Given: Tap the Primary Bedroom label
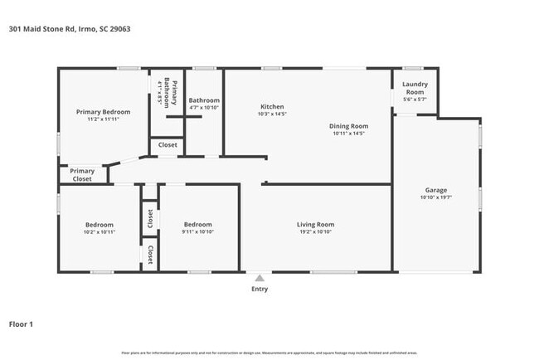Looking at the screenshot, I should pyautogui.click(x=103, y=111).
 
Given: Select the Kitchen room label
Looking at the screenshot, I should pyautogui.click(x=272, y=106).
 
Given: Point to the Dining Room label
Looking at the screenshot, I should pyautogui.click(x=348, y=124).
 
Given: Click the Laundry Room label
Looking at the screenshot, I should pyautogui.click(x=414, y=87).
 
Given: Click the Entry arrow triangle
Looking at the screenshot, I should pyautogui.click(x=260, y=279).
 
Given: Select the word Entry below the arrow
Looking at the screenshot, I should pyautogui.click(x=260, y=289).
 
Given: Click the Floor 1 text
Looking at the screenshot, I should pyautogui.click(x=21, y=324).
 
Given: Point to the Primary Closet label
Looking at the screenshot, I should pyautogui.click(x=81, y=175).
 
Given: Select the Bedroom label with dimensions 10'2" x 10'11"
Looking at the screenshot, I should pyautogui.click(x=100, y=224).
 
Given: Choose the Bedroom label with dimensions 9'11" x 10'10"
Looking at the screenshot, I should pyautogui.click(x=197, y=224).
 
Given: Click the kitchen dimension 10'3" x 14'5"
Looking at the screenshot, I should pyautogui.click(x=272, y=114).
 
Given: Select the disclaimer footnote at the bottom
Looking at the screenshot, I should pyautogui.click(x=269, y=353).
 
